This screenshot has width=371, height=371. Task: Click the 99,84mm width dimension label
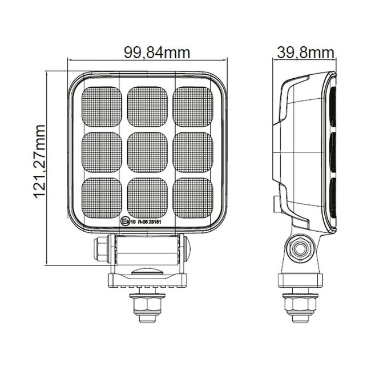tap(157, 53)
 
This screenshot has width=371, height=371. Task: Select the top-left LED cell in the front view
tap(103, 106)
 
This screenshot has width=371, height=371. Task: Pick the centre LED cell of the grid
tap(148, 151)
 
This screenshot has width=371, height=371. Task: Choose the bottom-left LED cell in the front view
tap(103, 197)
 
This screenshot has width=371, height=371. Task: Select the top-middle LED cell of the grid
tap(148, 106)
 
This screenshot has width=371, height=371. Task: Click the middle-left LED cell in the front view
tap(103, 151)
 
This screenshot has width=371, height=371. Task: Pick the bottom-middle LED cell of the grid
tap(148, 197)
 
